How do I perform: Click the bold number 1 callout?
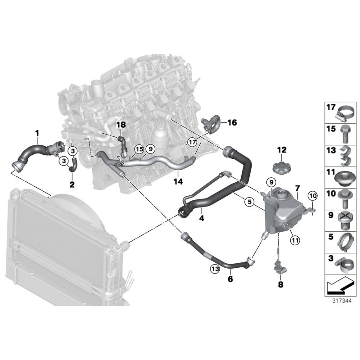click(x=37, y=133)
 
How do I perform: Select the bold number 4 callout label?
click(x=202, y=219)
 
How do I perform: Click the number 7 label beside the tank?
click(x=297, y=187)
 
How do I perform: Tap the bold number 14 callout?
click(x=180, y=182)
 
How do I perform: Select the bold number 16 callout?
click(x=231, y=122)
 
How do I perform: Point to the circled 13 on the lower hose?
click(x=215, y=269)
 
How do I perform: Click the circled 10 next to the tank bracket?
click(x=313, y=195)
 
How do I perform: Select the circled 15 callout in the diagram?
click(x=138, y=148)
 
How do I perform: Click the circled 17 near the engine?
click(x=193, y=142)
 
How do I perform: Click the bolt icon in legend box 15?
click(x=345, y=134)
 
